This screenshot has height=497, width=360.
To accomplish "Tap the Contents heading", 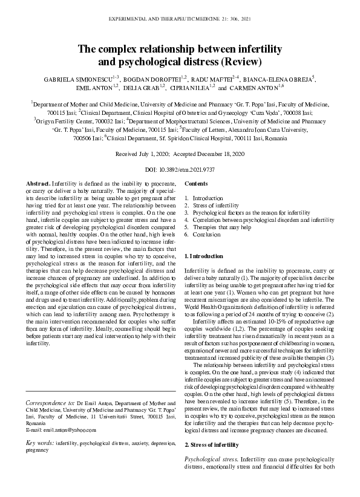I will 195,183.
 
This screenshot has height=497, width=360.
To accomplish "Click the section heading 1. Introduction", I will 203,257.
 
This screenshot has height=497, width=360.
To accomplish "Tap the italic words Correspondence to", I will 50,402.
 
